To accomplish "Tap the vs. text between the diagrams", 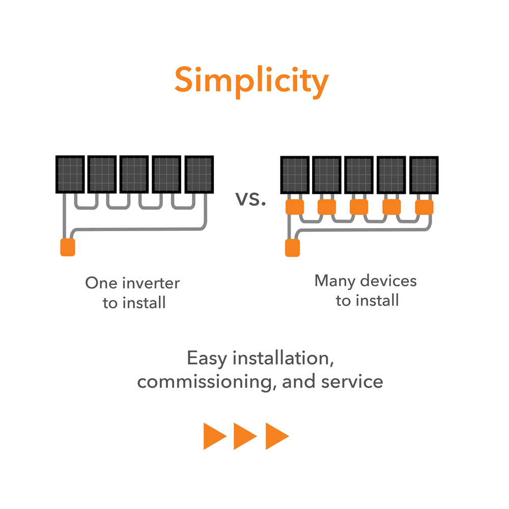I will pos(251,199).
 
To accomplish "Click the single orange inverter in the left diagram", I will pos(68,247).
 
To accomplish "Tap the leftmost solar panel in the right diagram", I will pos(295,175).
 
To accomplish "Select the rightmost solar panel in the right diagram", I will pos(424,175).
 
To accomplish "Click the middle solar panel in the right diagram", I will pos(359,175).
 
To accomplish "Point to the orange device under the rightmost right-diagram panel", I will pos(424,207).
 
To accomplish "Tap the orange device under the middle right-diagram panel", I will pos(359,207).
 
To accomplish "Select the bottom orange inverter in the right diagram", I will pos(292,248).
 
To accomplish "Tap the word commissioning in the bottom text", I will pos(206,382).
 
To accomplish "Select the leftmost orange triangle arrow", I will pos(214,436).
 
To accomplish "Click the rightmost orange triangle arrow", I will pos(276,436).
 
